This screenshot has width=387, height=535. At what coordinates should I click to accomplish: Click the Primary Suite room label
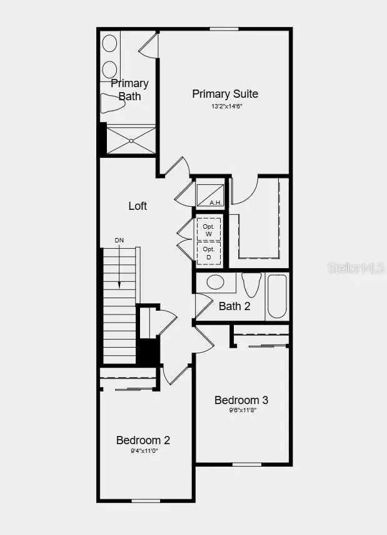coord(224,94)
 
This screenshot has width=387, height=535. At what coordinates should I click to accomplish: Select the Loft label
coord(138,205)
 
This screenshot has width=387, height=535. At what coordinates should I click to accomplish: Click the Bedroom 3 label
coord(241,400)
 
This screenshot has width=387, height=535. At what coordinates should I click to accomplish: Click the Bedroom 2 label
coord(143,440)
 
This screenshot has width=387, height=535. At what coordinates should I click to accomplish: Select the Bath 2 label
coord(234,306)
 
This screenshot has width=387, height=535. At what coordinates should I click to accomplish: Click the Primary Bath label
coord(130,90)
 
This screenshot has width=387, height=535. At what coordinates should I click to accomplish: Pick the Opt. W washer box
coord(209,230)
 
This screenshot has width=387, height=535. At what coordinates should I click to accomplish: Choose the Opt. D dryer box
coord(209,253)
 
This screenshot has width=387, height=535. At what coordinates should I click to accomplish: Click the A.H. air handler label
coord(215,202)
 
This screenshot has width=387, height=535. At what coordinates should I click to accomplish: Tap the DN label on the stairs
coord(119,241)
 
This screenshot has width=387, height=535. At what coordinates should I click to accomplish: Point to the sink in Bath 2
coord(216,282)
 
